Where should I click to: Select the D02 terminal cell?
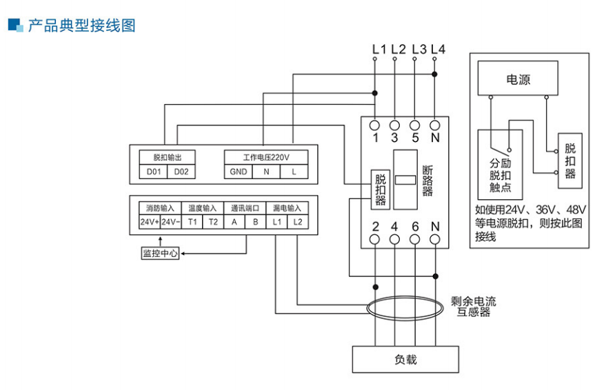[181, 172]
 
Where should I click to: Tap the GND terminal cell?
[239, 172]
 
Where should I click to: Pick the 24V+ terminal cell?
[150, 222]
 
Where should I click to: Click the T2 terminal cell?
[214, 222]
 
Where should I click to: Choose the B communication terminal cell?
[256, 222]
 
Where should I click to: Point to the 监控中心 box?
[160, 253]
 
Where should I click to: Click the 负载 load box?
[405, 359]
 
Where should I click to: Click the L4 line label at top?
[438, 49]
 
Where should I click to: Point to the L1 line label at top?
[379, 49]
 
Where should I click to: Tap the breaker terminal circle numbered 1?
[375, 125]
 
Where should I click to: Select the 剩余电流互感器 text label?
[474, 306]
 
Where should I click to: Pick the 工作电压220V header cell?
[265, 157]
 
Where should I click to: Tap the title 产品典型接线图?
[81, 25]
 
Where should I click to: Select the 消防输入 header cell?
[160, 207]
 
